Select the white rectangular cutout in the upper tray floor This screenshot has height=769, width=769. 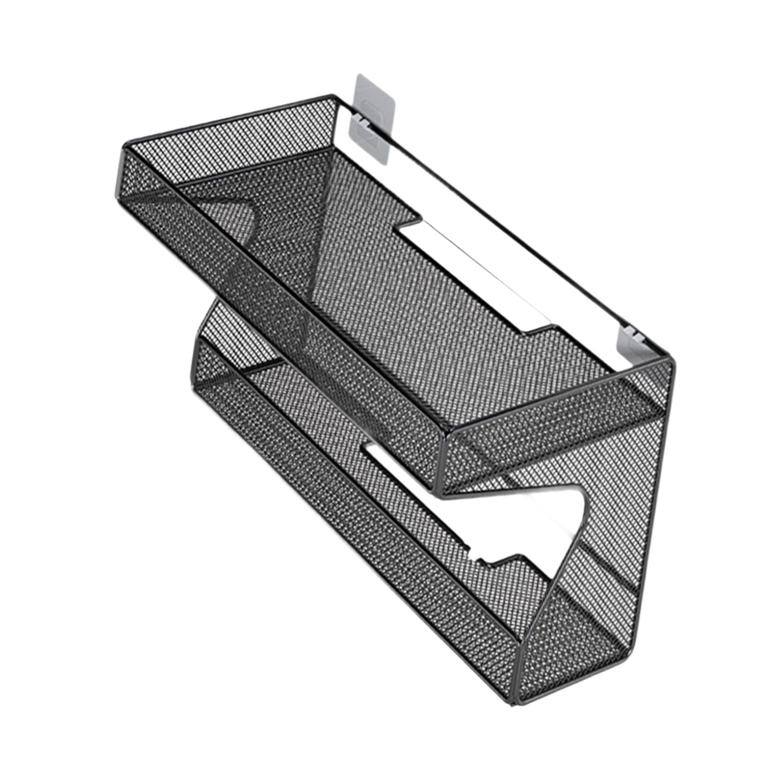click(x=476, y=274)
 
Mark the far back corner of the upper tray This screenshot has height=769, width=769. click(x=332, y=96)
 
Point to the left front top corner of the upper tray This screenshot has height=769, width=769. click(x=126, y=144)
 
